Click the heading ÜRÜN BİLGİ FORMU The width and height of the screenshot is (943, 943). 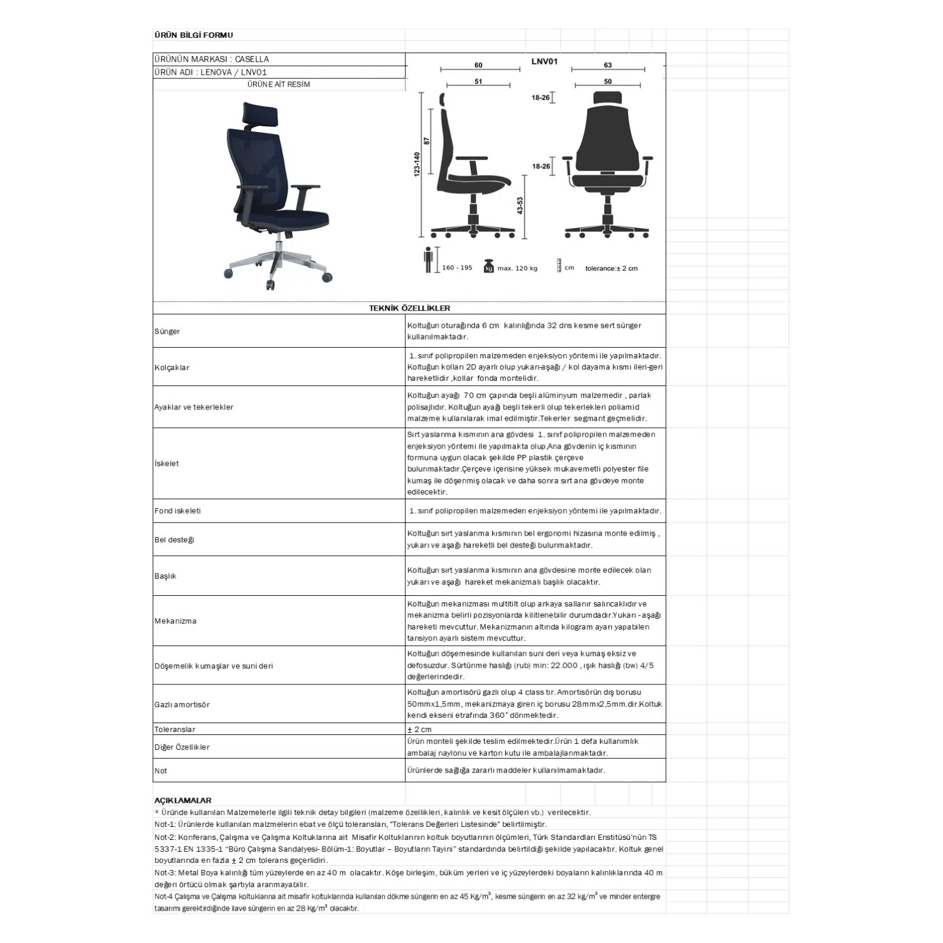193,35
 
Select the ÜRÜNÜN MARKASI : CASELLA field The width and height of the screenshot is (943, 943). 212,59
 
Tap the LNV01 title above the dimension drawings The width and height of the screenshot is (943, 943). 544,61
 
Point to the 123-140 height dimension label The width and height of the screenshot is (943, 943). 417,164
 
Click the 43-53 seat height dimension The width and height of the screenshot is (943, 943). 520,206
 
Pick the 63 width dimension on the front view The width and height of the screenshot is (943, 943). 608,65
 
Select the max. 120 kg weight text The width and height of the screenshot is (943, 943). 517,268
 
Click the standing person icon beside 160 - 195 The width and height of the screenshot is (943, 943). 428,259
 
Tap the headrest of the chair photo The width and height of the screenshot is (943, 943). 260,112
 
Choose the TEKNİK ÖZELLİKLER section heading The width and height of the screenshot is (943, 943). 410,308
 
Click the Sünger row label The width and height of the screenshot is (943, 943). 167,331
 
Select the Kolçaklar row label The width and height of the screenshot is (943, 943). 172,367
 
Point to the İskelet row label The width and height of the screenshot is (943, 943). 167,463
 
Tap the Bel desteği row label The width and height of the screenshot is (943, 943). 174,539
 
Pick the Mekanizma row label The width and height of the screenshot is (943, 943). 176,621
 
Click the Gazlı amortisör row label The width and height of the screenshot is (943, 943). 182,704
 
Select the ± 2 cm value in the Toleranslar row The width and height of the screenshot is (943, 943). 420,729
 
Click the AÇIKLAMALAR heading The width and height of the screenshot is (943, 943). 183,800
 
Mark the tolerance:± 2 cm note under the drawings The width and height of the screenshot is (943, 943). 611,268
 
